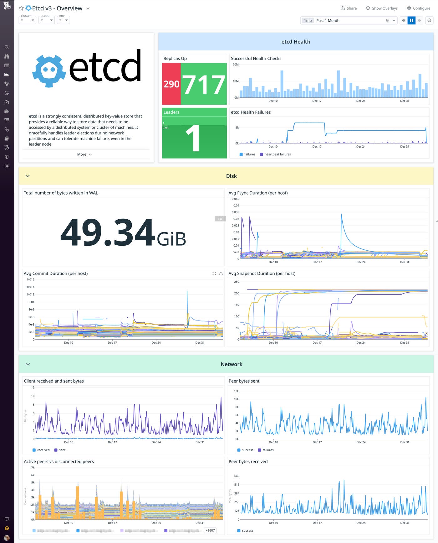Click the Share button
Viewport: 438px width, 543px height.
349,8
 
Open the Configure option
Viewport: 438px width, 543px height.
419,8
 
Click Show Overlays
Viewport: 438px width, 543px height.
382,8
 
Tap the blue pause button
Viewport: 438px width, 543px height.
411,20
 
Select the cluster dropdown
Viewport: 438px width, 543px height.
28,20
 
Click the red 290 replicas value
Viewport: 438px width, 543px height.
171,84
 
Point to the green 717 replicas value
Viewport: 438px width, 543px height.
204,85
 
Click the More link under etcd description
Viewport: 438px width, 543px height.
84,154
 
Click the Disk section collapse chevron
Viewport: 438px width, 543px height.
28,176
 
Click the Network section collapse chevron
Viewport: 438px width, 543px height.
28,364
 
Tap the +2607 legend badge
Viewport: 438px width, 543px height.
210,530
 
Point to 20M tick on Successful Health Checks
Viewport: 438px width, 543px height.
236,65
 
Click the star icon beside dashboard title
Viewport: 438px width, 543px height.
21,8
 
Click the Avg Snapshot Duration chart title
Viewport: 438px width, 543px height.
262,273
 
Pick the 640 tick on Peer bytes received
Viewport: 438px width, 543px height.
237,476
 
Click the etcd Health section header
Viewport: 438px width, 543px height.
296,42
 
